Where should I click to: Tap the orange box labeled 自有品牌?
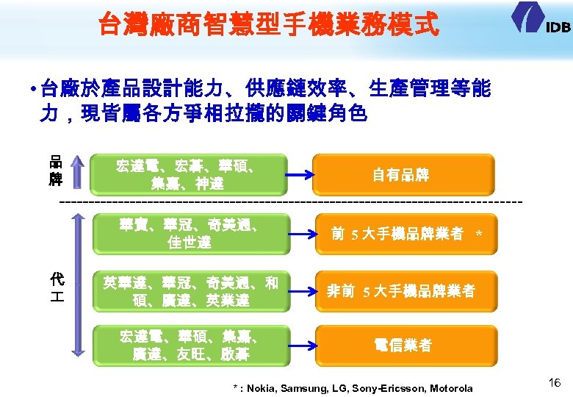[x=403, y=175]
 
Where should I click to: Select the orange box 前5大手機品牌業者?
[x=403, y=234]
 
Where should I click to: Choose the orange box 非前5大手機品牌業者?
[x=403, y=291]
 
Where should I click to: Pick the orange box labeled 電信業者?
[x=403, y=345]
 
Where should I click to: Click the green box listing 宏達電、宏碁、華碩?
[x=190, y=174]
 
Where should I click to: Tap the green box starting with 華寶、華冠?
[x=190, y=232]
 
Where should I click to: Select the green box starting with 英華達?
[x=190, y=290]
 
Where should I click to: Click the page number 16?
[x=555, y=382]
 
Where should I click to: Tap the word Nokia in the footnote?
[x=262, y=388]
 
